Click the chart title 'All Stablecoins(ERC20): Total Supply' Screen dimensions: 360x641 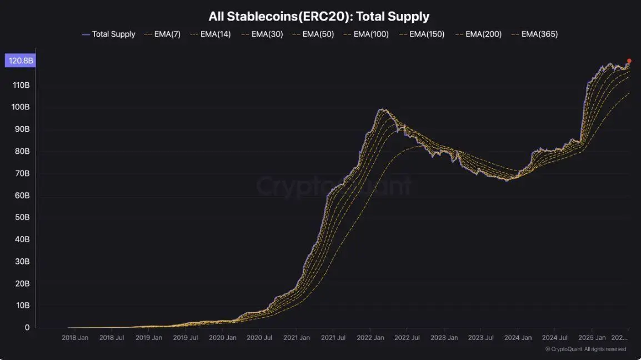pyautogui.click(x=319, y=17)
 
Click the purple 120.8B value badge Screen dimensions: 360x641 pyautogui.click(x=20, y=61)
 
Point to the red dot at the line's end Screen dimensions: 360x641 pyautogui.click(x=629, y=61)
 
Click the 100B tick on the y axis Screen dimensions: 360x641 pyautogui.click(x=20, y=107)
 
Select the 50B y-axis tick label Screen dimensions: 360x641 pyautogui.click(x=22, y=217)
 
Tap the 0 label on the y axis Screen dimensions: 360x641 pyautogui.click(x=27, y=328)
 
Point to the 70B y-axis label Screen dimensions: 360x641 pyautogui.click(x=22, y=173)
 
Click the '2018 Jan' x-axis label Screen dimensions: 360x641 pyautogui.click(x=75, y=337)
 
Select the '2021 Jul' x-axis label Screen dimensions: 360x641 pyautogui.click(x=333, y=337)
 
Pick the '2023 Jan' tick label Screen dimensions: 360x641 pyautogui.click(x=444, y=337)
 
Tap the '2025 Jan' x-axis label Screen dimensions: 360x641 pyautogui.click(x=592, y=337)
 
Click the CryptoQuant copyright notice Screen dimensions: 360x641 pyautogui.click(x=585, y=349)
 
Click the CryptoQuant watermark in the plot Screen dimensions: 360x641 pyautogui.click(x=333, y=186)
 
